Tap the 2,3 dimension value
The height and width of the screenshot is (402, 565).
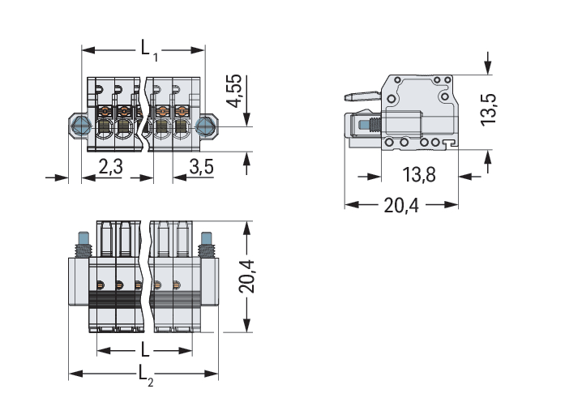(x=111, y=166)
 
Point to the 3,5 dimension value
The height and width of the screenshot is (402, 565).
(x=201, y=166)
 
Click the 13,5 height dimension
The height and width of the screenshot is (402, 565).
(x=488, y=109)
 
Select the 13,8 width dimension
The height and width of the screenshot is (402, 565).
(x=419, y=175)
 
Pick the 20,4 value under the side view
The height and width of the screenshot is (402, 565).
(x=401, y=206)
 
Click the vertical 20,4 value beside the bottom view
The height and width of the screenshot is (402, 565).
(x=246, y=276)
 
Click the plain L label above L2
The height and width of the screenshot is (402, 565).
(x=145, y=349)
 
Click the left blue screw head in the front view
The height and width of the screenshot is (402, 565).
(x=81, y=126)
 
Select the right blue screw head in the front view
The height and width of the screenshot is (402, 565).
(x=205, y=126)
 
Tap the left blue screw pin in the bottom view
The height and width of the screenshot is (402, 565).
(x=83, y=238)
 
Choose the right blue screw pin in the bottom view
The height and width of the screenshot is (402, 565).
(x=206, y=238)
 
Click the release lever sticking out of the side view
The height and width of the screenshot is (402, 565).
(x=362, y=96)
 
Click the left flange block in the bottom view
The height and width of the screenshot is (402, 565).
(x=79, y=281)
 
